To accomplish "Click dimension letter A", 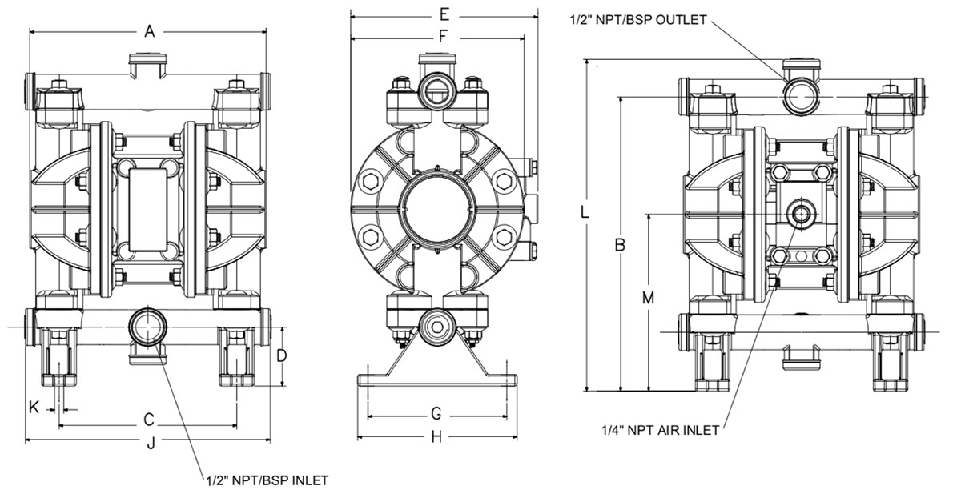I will coord(148,31).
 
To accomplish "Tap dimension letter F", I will coord(442,35).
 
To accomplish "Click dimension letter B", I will coord(620,246).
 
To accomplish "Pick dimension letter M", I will coord(649,298).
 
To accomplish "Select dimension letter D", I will coord(281,355).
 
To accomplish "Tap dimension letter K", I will coord(34,407).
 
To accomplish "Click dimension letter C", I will coord(148,419).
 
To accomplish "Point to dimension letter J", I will coord(150,444).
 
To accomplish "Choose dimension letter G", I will coord(436,414).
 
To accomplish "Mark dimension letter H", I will coord(436,437).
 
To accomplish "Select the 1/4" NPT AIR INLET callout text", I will coord(660,430).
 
